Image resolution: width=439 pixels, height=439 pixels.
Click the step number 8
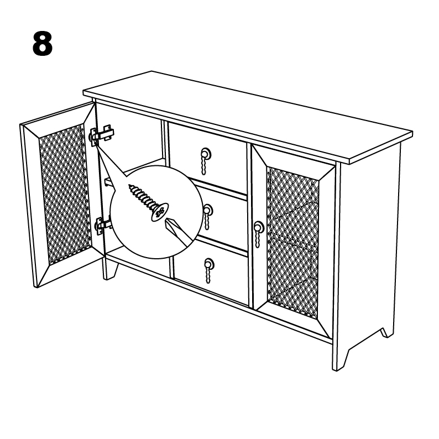[43, 44]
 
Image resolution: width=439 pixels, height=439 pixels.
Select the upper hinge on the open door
[101, 134]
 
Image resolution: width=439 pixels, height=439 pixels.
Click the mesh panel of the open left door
[64, 194]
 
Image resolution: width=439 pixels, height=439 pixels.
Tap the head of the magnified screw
[160, 212]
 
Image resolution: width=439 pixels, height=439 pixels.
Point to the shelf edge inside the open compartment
[133, 166]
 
